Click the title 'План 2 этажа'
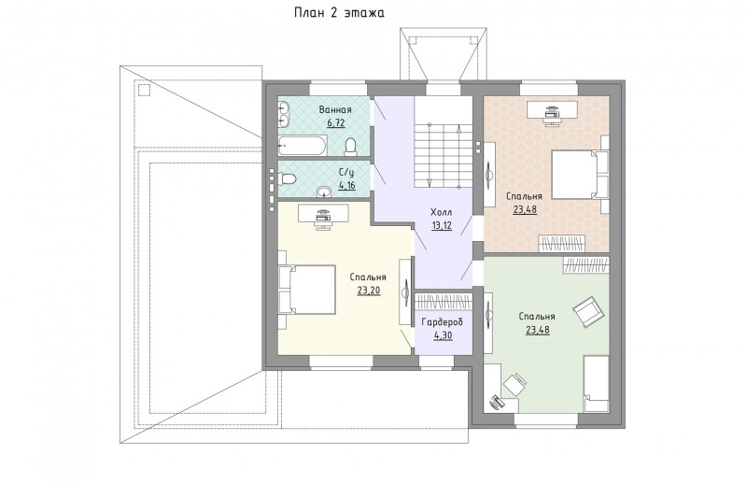tap(339, 13)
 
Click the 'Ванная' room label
tap(335, 109)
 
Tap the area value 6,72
tap(335, 123)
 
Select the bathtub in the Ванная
tap(303, 146)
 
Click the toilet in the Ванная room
tap(351, 147)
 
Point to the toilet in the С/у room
tap(288, 178)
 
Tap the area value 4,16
tap(346, 185)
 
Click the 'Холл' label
tap(441, 212)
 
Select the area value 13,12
tap(442, 225)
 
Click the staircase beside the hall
tap(443, 156)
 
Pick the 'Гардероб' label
tap(442, 322)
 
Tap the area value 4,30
tap(443, 335)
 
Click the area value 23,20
tap(369, 291)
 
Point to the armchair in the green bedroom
tap(589, 312)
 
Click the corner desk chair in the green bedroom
tap(515, 385)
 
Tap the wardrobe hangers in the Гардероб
tap(443, 302)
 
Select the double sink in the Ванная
tap(284, 114)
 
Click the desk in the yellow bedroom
tap(323, 213)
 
